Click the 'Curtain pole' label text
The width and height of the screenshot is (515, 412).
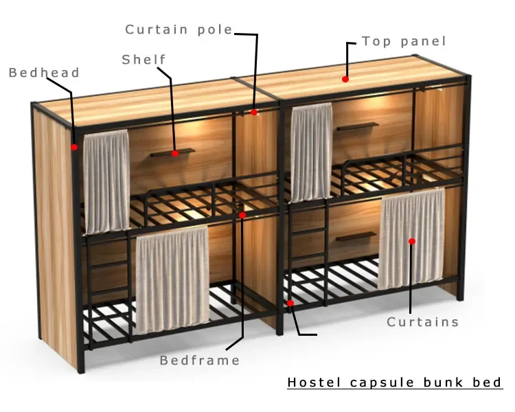tap(179, 30)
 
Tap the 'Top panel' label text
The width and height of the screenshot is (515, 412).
tap(404, 41)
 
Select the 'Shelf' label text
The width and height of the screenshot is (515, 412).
tap(144, 60)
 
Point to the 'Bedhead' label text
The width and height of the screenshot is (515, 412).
tap(44, 73)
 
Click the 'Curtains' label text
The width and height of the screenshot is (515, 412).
tap(422, 322)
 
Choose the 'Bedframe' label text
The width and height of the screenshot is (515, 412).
tap(200, 360)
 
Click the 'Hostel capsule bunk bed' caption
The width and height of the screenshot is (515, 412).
tap(394, 382)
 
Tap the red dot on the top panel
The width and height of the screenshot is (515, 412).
tap(345, 80)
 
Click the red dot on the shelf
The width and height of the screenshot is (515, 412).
tap(175, 153)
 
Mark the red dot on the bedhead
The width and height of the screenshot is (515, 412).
tap(74, 146)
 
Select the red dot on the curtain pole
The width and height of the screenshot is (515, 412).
tap(254, 112)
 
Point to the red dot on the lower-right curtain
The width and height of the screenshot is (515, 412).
tap(412, 241)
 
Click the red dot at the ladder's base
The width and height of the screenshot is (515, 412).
tap(290, 303)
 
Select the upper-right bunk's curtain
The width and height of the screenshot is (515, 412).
tap(311, 152)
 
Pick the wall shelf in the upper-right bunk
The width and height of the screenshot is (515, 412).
tap(357, 126)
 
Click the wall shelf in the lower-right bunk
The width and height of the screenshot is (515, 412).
tap(356, 237)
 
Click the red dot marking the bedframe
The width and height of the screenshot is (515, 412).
tap(242, 215)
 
